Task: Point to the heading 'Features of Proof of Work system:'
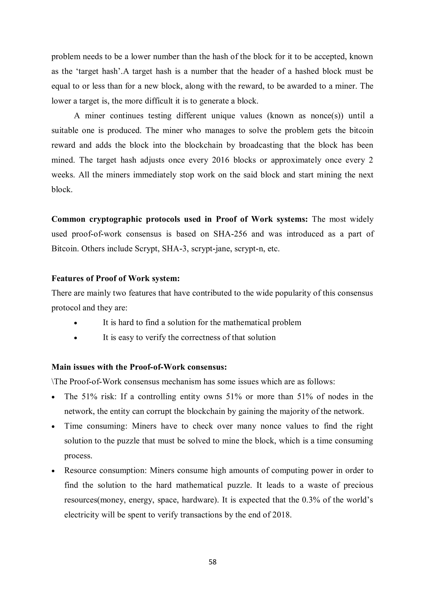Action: (115, 278)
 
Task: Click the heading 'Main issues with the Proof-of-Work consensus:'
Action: (139, 367)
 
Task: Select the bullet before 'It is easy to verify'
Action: (75, 338)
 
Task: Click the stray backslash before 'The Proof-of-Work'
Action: (53, 382)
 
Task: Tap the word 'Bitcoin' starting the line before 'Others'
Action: (64, 249)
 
